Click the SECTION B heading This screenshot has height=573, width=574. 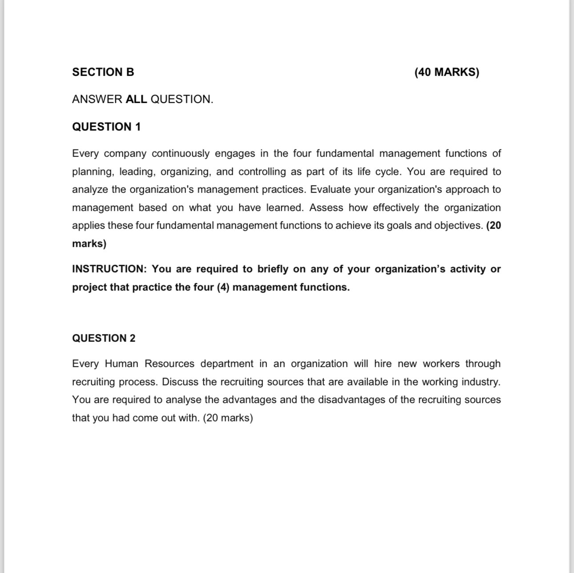(x=103, y=72)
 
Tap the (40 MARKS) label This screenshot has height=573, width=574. (x=446, y=72)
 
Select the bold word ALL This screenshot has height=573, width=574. (x=136, y=99)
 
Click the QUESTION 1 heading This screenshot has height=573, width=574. (x=106, y=127)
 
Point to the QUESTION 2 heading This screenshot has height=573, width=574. (x=104, y=338)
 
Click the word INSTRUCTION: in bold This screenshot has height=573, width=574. (x=109, y=269)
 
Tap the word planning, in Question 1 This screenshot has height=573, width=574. (x=93, y=172)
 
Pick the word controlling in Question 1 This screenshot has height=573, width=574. (x=263, y=172)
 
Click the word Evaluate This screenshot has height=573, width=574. (x=330, y=189)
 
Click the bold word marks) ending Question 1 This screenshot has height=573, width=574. (x=89, y=244)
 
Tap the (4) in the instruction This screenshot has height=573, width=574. (x=223, y=287)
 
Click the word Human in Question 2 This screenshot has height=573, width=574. (x=121, y=364)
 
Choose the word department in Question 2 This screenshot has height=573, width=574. (x=226, y=364)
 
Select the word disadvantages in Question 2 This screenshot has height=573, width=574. (x=342, y=400)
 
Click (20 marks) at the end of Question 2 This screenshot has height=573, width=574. (x=228, y=418)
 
